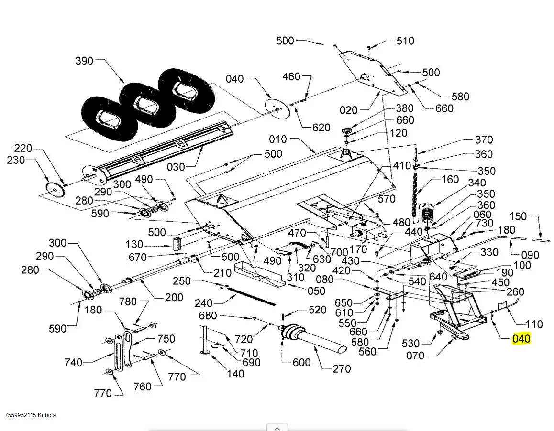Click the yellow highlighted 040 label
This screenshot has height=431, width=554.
click(x=521, y=339)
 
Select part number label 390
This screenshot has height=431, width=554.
click(x=85, y=61)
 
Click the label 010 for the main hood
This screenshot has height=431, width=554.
click(x=278, y=140)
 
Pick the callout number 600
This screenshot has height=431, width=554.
click(x=301, y=363)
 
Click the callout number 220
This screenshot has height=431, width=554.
click(x=23, y=148)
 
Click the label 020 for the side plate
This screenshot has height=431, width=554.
click(x=348, y=110)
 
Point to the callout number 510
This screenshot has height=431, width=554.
click(x=405, y=41)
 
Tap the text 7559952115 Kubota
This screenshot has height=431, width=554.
click(x=31, y=415)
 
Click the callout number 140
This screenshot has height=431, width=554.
click(x=235, y=374)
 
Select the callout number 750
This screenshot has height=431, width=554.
click(x=166, y=338)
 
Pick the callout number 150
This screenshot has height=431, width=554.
click(x=518, y=216)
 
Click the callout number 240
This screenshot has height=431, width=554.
click(x=203, y=302)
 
